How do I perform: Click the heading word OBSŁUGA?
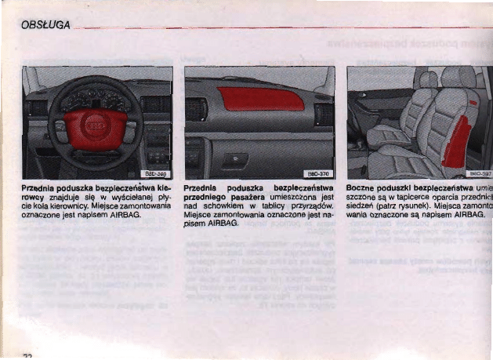pyautogui.click(x=45, y=27)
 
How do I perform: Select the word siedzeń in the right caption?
pyautogui.click(x=362, y=205)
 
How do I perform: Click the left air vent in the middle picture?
pyautogui.click(x=196, y=109)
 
